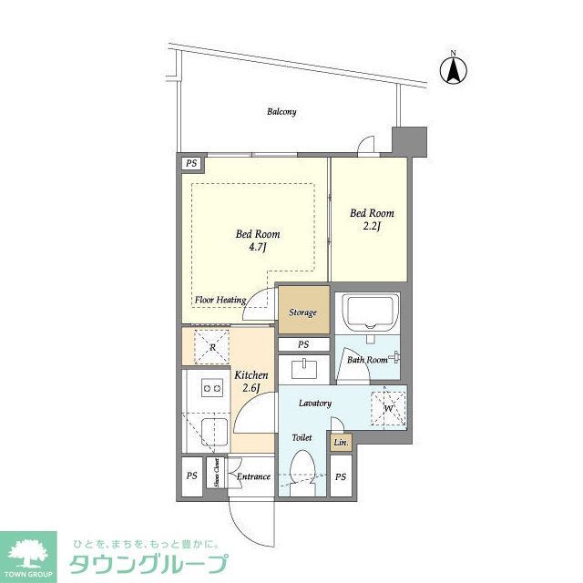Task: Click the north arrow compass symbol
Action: (x=453, y=68)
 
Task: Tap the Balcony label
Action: (x=281, y=112)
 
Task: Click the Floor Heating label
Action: (x=220, y=299)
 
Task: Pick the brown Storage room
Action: (x=303, y=312)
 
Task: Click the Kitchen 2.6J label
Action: (x=251, y=382)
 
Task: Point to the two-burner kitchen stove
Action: (x=211, y=389)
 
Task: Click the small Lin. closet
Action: (x=340, y=444)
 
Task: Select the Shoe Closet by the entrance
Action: (x=220, y=476)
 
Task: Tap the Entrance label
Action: (x=253, y=476)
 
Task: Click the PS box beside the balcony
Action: (x=191, y=164)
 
